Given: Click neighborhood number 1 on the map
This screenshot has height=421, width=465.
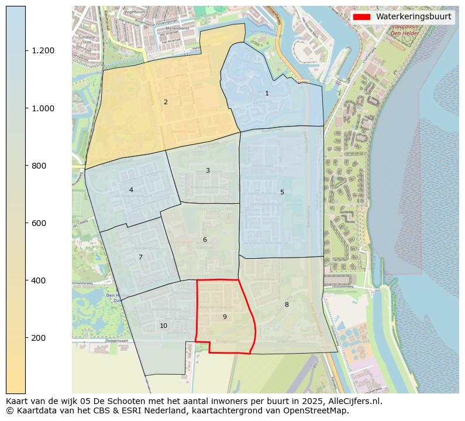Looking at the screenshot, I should [267, 94].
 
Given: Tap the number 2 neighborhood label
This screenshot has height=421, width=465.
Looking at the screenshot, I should [166, 102].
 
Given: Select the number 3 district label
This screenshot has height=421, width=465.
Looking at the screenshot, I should [208, 171].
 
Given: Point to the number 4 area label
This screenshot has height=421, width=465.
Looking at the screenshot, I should [131, 190].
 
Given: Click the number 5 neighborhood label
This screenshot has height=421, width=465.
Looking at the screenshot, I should [282, 192].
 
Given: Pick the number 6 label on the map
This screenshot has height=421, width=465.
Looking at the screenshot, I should [205, 239].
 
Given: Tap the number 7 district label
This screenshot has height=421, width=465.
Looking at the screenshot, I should [140, 257].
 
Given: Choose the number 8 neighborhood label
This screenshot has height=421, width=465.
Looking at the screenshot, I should [287, 304].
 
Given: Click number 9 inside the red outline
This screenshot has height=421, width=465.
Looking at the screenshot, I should [225, 317].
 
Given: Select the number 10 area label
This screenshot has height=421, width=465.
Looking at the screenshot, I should [163, 326].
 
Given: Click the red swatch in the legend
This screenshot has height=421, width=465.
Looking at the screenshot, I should [361, 17].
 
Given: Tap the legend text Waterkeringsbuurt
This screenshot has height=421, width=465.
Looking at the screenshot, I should [414, 17].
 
